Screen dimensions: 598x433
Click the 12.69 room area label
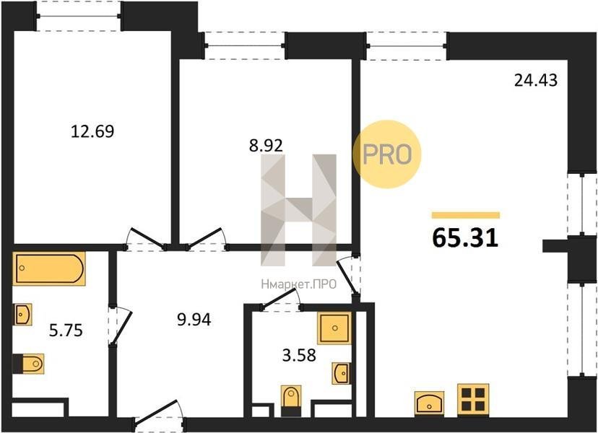point(92,131)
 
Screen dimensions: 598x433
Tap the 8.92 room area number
point(266,146)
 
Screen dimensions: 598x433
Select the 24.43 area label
point(535,80)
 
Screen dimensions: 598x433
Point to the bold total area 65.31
point(465,238)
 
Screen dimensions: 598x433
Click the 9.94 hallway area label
point(194,320)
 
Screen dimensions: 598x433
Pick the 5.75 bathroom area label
point(66,331)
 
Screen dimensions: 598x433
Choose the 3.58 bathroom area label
point(299,355)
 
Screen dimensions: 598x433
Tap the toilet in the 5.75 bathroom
point(28,364)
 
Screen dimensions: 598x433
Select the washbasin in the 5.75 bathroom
point(23,315)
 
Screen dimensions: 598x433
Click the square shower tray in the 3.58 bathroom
point(334,328)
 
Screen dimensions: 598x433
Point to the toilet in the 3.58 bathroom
point(291,401)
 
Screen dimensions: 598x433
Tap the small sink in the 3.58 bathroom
point(340,373)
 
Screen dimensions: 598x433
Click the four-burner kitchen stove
point(473,399)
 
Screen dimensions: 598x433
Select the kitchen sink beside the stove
point(430,403)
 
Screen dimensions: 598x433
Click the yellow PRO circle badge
point(386,154)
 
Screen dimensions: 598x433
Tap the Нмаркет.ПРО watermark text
point(298,284)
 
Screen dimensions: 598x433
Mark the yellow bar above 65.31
point(466,215)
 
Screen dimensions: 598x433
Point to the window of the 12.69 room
point(79,16)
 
